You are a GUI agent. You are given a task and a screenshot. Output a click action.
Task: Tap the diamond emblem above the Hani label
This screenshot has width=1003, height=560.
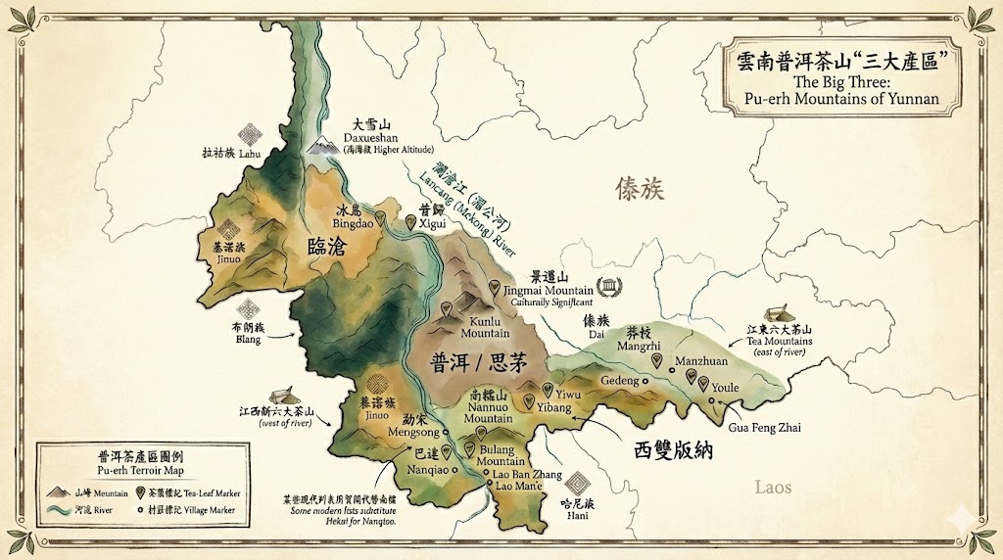[579, 484]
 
